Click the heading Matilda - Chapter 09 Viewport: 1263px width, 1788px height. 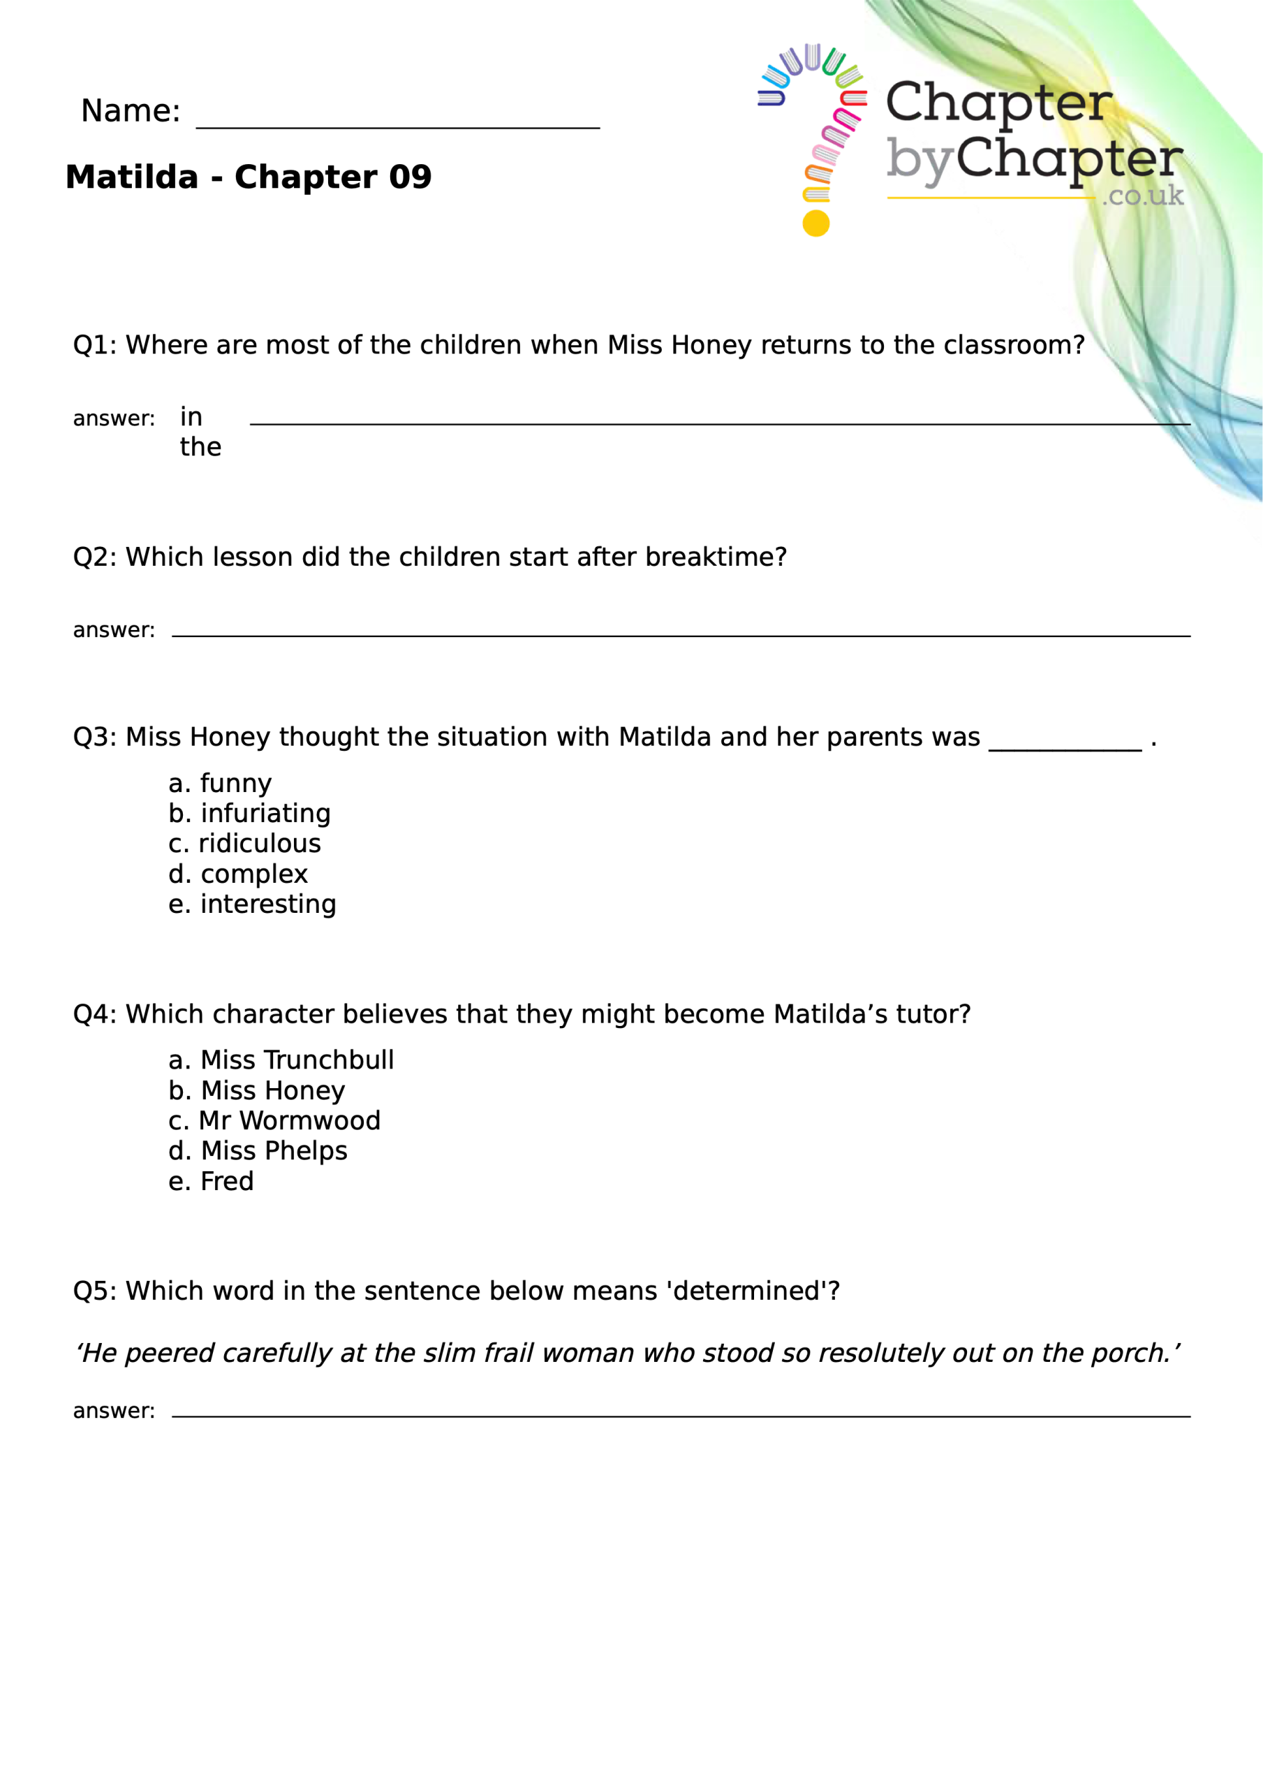249,177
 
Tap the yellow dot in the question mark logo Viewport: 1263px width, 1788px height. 815,223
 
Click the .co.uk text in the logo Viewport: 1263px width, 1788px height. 1142,196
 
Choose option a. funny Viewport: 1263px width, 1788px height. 221,784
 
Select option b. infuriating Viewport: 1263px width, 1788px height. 249,814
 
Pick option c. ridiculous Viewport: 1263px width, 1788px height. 244,844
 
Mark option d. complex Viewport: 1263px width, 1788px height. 238,874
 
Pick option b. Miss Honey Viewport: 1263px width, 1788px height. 257,1091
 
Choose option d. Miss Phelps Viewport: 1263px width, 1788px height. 258,1152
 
